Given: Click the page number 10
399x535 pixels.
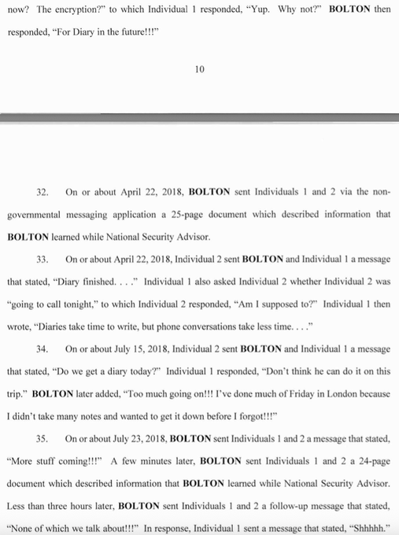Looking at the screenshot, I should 199,69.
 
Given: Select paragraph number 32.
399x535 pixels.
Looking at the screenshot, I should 43,191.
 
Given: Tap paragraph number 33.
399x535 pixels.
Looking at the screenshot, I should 43,257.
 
